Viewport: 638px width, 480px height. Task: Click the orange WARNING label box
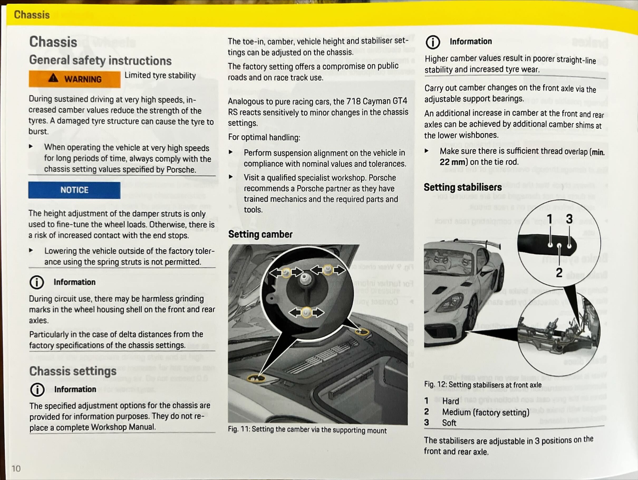pos(74,79)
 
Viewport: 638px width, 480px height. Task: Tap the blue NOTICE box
pos(74,190)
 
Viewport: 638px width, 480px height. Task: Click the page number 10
pos(16,468)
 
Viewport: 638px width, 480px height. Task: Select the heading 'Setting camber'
pos(260,234)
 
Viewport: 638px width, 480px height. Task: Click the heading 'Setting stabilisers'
pos(463,187)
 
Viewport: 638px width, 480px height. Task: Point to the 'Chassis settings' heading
pos(73,371)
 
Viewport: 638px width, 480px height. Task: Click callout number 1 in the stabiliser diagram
pos(549,218)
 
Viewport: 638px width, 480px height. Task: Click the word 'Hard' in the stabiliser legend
pos(451,401)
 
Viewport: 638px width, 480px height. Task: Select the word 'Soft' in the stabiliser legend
pos(449,423)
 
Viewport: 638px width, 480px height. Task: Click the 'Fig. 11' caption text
pos(307,430)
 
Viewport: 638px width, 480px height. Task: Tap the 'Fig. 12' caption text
pos(482,384)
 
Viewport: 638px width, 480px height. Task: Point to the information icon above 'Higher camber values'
pos(433,42)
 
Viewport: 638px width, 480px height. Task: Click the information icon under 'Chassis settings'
pos(37,390)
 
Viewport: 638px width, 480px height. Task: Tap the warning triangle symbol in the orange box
pos(53,78)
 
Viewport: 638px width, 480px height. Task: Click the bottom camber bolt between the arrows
pos(306,312)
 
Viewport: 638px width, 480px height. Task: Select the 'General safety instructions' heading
pos(100,61)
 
